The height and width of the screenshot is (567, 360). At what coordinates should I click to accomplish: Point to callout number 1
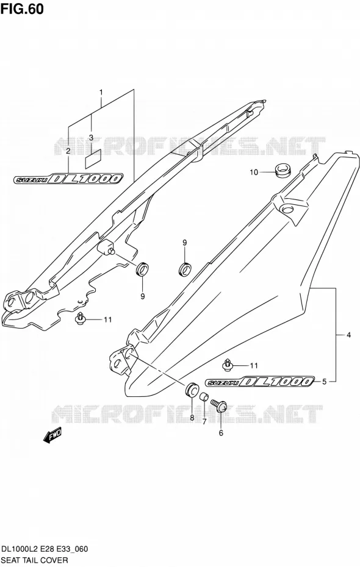pyautogui.click(x=101, y=92)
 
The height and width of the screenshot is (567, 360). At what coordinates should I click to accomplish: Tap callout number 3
pyautogui.click(x=91, y=137)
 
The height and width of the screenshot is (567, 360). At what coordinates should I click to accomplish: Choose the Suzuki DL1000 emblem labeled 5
pyautogui.click(x=260, y=382)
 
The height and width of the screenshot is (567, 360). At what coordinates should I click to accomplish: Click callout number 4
pyautogui.click(x=348, y=335)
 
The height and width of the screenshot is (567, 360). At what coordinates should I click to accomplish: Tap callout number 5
pyautogui.click(x=324, y=381)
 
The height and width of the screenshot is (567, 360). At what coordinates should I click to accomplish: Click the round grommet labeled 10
pyautogui.click(x=283, y=170)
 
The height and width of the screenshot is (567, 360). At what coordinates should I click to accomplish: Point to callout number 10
pyautogui.click(x=254, y=173)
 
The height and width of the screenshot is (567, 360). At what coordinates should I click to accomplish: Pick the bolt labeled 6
pyautogui.click(x=219, y=405)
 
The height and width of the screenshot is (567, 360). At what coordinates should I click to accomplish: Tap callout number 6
pyautogui.click(x=221, y=433)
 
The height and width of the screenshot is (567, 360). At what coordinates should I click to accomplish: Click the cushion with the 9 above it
pyautogui.click(x=185, y=269)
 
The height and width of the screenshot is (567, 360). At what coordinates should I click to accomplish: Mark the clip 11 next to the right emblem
pyautogui.click(x=227, y=365)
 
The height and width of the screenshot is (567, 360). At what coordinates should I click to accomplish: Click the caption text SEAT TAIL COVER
pyautogui.click(x=34, y=560)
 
